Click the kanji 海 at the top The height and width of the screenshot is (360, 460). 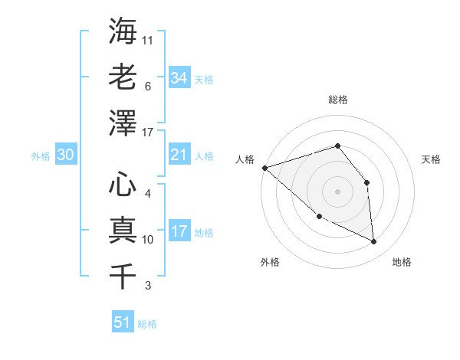click(123, 31)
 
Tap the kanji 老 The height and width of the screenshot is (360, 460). click(123, 77)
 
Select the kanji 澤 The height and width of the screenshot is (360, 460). click(123, 123)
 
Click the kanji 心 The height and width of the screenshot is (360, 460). click(123, 184)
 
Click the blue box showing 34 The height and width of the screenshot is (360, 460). click(179, 77)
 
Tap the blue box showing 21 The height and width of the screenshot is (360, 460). click(179, 155)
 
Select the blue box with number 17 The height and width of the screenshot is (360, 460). click(179, 231)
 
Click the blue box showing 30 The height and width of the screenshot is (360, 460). click(66, 155)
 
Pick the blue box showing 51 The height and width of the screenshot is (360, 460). click(123, 322)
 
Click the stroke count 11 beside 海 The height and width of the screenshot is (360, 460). click(148, 40)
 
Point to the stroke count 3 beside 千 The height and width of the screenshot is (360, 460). click(147, 286)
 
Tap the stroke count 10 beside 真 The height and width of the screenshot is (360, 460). click(148, 240)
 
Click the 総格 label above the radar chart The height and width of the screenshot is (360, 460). click(337, 100)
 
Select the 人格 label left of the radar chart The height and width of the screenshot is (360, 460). click(245, 159)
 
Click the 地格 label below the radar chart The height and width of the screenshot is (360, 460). click(402, 262)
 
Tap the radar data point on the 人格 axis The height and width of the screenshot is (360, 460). click(264, 168)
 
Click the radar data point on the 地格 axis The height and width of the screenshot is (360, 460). click(374, 242)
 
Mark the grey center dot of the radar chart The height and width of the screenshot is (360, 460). click(337, 191)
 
